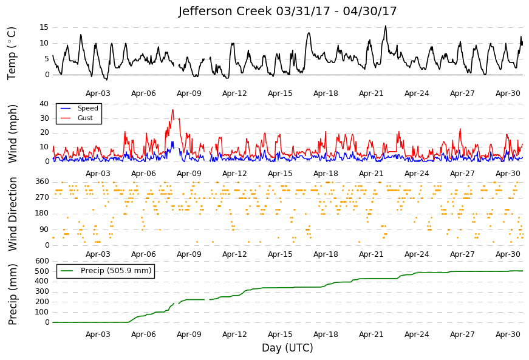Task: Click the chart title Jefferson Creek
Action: coord(225,11)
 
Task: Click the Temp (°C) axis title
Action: coord(12,53)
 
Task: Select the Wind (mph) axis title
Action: coord(12,134)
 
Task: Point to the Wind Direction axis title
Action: coord(12,214)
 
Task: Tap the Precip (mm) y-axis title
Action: coord(12,294)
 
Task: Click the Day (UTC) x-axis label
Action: coord(287,347)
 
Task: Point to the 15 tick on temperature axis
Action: coord(44,27)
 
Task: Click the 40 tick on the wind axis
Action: coord(44,104)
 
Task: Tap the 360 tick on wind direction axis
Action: coord(42,182)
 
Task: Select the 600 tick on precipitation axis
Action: coord(42,261)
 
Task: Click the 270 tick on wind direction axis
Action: coord(42,197)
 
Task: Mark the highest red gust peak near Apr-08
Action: coord(172,109)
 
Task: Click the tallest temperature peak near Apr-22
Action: coord(386,25)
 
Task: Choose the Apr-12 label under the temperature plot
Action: coord(234,93)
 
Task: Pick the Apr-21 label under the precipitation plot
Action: coord(371,335)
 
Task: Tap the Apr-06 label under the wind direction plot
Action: coord(143,254)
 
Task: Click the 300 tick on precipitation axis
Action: coord(42,291)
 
